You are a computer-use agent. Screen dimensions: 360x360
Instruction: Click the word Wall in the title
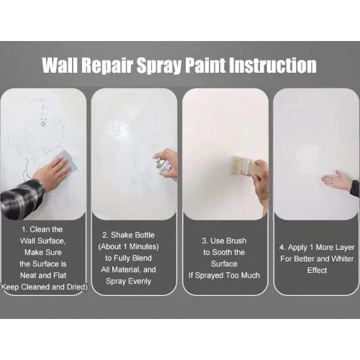click(x=60, y=65)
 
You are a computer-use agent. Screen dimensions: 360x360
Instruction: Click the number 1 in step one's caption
click(x=24, y=230)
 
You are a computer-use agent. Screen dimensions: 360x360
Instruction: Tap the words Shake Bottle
click(x=132, y=235)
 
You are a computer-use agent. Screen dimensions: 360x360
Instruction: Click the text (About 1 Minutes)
click(x=128, y=247)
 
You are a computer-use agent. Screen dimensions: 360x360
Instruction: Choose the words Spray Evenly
click(x=128, y=282)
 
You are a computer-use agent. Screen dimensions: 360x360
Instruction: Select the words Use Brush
click(x=228, y=240)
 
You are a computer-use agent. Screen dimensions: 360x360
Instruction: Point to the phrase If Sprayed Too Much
click(x=224, y=276)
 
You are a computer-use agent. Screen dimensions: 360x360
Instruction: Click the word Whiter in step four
click(x=342, y=258)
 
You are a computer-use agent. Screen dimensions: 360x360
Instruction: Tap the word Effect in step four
click(x=317, y=270)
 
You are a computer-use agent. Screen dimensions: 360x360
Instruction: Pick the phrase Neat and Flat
click(x=43, y=275)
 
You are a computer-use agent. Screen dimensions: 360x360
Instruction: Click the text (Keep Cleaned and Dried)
click(x=44, y=287)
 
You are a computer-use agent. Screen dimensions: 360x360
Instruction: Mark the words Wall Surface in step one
click(x=42, y=240)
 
